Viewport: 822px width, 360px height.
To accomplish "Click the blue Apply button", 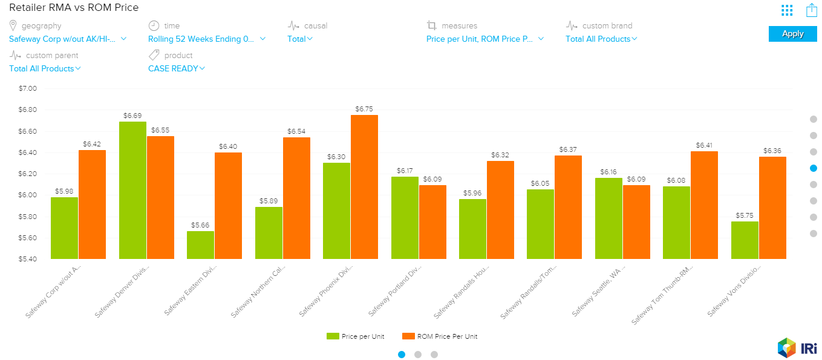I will [792, 34].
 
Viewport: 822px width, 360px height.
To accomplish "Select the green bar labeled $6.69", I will [132, 190].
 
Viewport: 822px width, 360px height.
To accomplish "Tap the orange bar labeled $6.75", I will [364, 187].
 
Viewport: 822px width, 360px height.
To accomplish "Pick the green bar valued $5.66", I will [200, 245].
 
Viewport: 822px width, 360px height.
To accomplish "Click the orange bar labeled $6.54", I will [296, 198].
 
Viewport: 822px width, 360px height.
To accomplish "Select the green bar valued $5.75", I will [745, 240].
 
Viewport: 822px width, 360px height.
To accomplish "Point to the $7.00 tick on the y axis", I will [28, 88].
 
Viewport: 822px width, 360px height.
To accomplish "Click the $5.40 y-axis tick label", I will [28, 259].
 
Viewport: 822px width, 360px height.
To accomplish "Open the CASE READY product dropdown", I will [177, 68].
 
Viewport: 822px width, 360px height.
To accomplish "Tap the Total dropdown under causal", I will [300, 39].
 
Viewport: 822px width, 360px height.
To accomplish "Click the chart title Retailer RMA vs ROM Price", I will [74, 8].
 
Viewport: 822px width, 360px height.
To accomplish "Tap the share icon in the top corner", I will [812, 10].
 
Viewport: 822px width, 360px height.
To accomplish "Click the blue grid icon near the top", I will [786, 10].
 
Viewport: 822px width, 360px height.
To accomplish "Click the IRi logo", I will [798, 348].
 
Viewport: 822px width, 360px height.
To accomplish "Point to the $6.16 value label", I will [608, 172].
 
